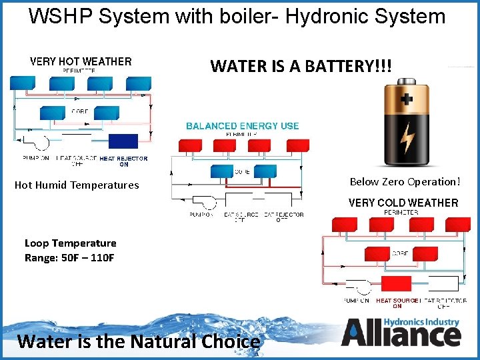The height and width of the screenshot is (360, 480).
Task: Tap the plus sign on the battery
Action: [406, 99]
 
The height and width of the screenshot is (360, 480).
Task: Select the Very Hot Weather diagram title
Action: [81, 61]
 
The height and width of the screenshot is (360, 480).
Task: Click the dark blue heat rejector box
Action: [123, 141]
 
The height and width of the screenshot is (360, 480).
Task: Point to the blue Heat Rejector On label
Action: [123, 161]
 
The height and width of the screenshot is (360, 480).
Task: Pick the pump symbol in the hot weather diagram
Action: [37, 142]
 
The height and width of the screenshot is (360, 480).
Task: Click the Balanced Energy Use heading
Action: [242, 126]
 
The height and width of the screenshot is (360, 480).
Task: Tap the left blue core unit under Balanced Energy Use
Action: [223, 171]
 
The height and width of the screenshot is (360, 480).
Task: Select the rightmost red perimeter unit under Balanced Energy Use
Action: [297, 145]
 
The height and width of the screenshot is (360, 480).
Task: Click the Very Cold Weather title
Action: [403, 203]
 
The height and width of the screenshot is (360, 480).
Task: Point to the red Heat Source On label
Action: [397, 303]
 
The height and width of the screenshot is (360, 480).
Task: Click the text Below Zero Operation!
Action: [405, 181]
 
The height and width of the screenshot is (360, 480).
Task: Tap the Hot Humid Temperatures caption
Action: [77, 185]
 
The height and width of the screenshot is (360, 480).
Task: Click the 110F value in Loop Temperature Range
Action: [99, 258]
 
